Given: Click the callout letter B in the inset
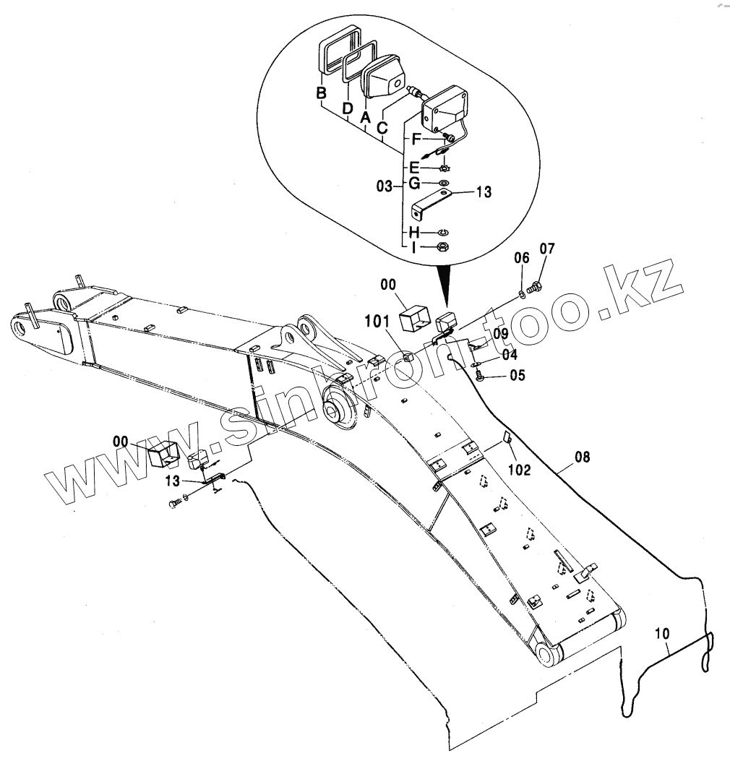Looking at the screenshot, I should tap(322, 93).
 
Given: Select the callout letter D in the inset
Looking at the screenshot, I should tap(348, 108).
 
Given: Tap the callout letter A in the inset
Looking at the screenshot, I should tap(365, 116).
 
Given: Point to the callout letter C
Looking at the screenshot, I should tap(382, 129).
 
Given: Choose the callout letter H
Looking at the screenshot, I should tap(414, 232).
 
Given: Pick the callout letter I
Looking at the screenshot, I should tap(414, 247).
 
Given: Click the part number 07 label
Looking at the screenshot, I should tap(547, 249).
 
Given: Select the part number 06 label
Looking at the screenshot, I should tap(522, 258).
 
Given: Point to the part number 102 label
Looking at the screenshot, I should tap(519, 470).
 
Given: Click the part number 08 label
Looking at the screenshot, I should tap(583, 457).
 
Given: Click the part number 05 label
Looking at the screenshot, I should tap(518, 375).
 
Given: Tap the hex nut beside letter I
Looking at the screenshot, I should tap(445, 247).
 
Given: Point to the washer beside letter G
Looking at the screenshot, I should tap(443, 184).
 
